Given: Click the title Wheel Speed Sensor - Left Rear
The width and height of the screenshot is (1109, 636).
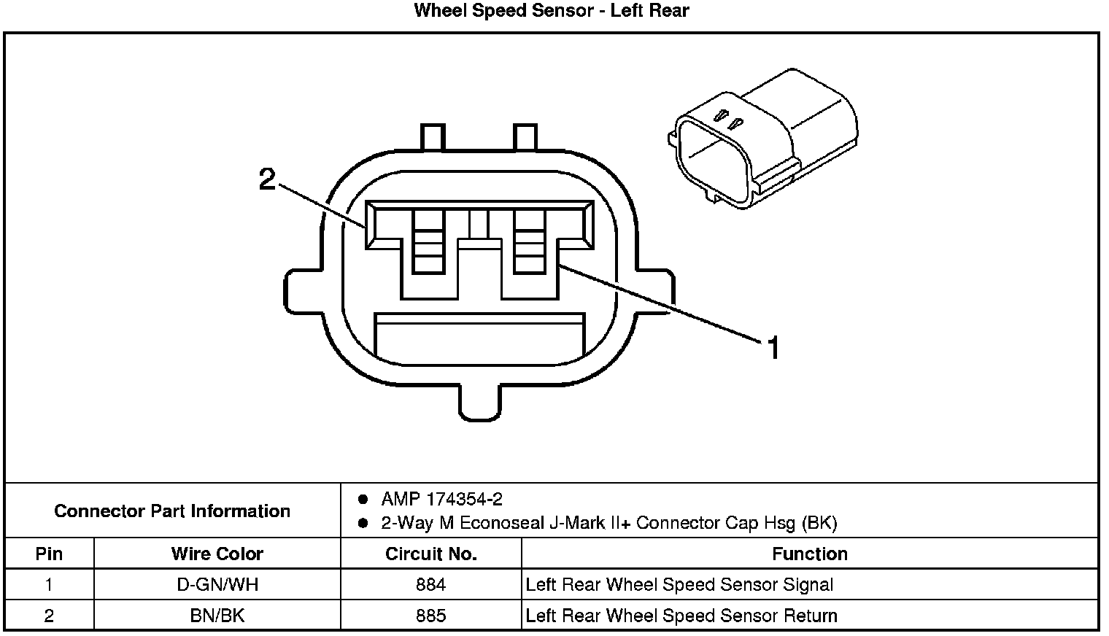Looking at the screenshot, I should (x=551, y=11).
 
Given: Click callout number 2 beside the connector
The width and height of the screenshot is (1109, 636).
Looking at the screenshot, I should (x=268, y=179).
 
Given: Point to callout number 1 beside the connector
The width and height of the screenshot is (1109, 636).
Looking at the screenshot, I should (x=773, y=349).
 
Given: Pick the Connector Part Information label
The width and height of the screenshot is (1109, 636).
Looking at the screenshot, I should (x=172, y=511).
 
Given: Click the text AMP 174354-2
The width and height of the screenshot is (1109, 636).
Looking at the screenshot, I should (x=441, y=500).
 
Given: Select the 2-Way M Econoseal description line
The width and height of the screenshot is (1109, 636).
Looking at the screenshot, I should (x=608, y=523).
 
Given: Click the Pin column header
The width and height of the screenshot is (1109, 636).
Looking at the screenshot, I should (x=49, y=554).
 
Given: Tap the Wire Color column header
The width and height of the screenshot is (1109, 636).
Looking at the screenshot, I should (x=217, y=554).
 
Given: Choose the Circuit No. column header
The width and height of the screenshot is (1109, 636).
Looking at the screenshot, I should (x=430, y=554).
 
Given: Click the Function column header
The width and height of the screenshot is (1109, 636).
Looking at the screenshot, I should (x=809, y=554).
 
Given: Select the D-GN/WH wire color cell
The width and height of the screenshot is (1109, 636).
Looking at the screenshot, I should (x=217, y=585).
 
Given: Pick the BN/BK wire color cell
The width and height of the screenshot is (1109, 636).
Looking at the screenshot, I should (x=217, y=616).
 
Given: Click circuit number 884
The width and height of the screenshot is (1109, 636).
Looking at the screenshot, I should (x=430, y=585).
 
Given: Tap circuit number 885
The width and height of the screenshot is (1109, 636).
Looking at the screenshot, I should (x=430, y=616).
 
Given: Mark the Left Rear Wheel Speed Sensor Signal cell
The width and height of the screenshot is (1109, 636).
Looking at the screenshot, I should (x=679, y=585).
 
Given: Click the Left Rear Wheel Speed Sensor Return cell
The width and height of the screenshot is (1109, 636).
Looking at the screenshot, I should (x=681, y=616).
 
